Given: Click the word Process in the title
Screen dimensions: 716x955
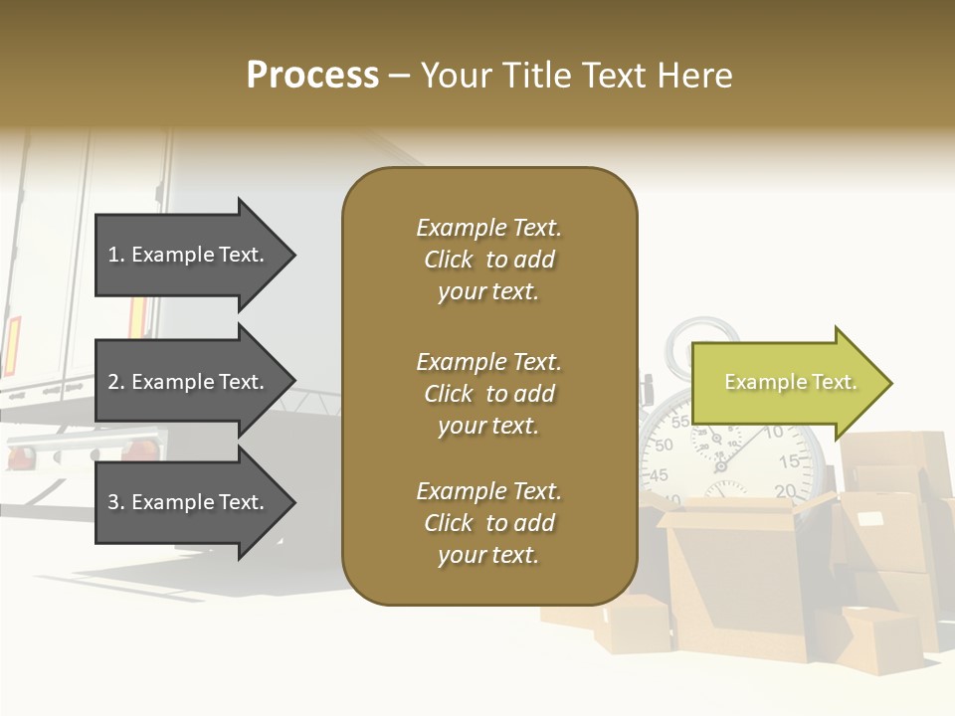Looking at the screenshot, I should (312, 76).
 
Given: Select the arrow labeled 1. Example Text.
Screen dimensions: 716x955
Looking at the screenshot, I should (189, 255).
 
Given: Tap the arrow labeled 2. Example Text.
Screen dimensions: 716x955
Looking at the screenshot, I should (189, 382).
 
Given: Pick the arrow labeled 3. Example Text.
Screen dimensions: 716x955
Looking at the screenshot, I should (189, 502).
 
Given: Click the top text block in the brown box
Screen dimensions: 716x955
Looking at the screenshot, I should (488, 260).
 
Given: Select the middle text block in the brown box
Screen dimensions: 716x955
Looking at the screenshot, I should (488, 394).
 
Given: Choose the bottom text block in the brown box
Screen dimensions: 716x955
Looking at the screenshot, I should (488, 523).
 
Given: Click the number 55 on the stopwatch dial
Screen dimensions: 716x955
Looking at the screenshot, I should (680, 422).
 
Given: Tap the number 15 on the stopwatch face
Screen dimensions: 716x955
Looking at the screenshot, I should (789, 461).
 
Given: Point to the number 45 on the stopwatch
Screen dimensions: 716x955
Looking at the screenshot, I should (658, 475).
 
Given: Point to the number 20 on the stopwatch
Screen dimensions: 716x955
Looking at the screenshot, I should (785, 490).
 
